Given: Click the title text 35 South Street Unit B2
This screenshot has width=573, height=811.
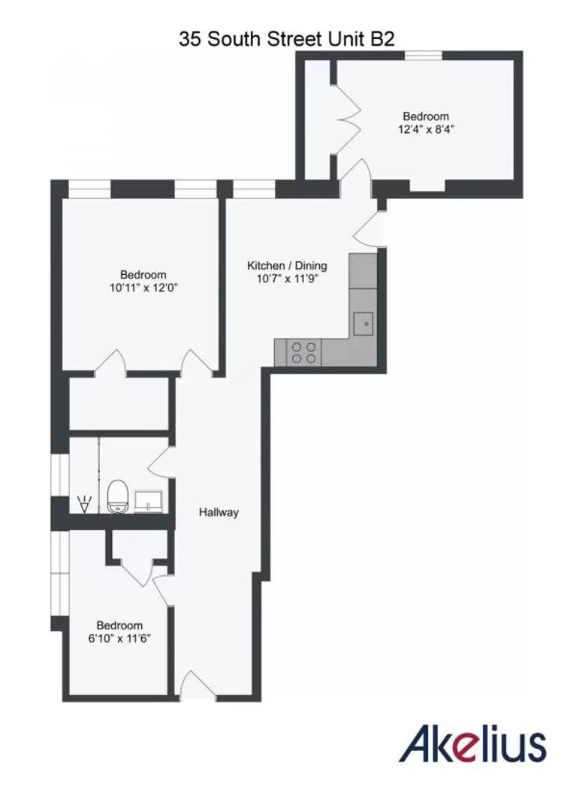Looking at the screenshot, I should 286,40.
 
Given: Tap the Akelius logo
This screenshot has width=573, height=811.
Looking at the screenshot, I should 473,745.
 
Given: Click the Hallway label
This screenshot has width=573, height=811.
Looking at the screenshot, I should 219,512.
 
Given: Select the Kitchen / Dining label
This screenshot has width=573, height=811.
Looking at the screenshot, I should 288,266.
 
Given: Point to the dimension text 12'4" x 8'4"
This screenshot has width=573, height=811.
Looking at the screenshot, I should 426,128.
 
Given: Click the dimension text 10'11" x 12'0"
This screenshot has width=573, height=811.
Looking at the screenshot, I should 143,287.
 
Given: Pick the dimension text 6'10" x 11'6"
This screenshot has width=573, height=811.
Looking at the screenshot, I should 119,638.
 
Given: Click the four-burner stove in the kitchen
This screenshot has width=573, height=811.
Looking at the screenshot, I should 304,353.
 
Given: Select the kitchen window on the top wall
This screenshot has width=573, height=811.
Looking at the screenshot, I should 254,188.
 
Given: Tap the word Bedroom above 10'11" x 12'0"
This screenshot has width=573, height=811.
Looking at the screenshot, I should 143,275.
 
